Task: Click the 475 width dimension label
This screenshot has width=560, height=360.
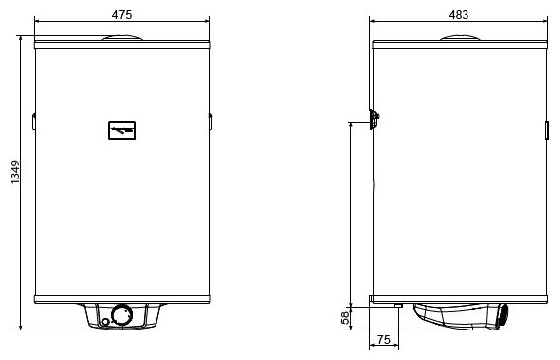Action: click(x=122, y=15)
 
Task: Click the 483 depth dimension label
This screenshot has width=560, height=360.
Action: click(x=459, y=15)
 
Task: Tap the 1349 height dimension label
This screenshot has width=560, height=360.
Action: click(x=15, y=173)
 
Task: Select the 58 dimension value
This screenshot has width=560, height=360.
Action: click(x=345, y=318)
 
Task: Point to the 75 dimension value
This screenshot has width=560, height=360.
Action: click(x=383, y=339)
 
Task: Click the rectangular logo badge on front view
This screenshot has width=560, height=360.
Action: click(x=122, y=130)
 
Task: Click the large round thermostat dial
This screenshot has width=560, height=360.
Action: click(x=122, y=315)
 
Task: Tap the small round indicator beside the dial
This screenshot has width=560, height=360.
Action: click(x=105, y=322)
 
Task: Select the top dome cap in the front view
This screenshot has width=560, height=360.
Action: click(x=122, y=37)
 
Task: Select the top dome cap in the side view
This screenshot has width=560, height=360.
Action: click(x=460, y=37)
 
